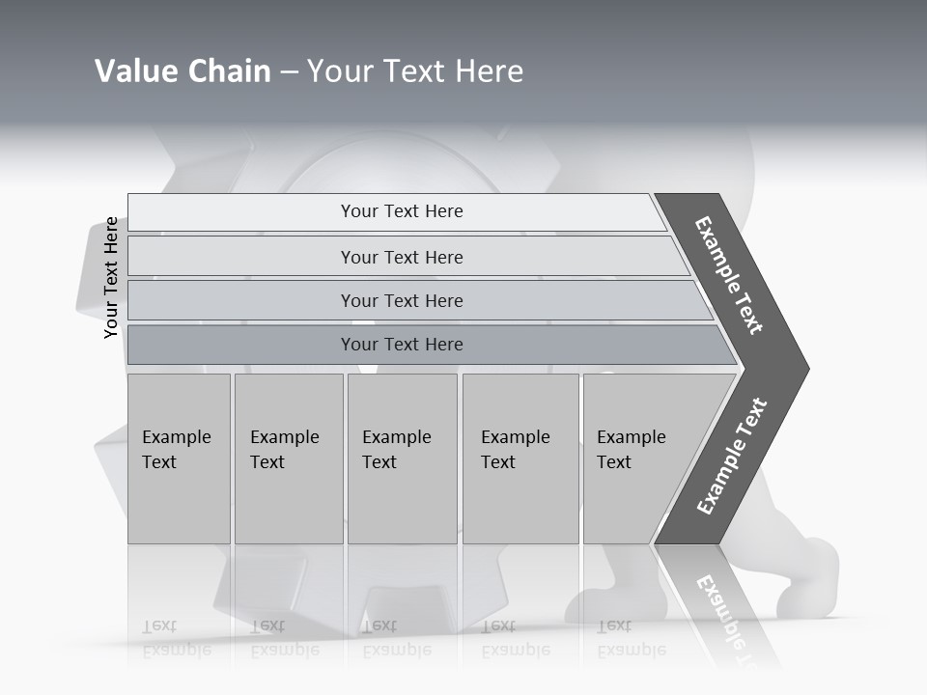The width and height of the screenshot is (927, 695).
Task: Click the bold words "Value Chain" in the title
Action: pyautogui.click(x=183, y=71)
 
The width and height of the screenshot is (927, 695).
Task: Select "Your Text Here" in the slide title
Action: pyautogui.click(x=415, y=71)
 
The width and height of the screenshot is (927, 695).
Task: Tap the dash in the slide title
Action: pyautogui.click(x=289, y=72)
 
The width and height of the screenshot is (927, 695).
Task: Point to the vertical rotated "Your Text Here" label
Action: pyautogui.click(x=112, y=278)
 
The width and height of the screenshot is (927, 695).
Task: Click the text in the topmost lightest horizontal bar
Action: pyautogui.click(x=402, y=211)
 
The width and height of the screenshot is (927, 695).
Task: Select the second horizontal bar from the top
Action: pyautogui.click(x=402, y=257)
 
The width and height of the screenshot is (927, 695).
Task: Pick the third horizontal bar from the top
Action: pyautogui.click(x=402, y=300)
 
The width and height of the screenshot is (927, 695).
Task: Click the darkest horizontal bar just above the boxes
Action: pyautogui.click(x=402, y=345)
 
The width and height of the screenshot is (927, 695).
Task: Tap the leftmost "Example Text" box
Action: pyautogui.click(x=179, y=459)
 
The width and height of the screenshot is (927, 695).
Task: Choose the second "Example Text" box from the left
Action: pyautogui.click(x=288, y=459)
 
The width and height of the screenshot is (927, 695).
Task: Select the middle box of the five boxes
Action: pyautogui.click(x=402, y=459)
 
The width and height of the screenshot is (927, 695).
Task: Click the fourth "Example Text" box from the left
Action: pyautogui.click(x=520, y=459)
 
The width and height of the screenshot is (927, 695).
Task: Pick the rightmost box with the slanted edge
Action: pyautogui.click(x=637, y=459)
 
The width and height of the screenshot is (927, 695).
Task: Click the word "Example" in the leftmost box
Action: pyautogui.click(x=176, y=437)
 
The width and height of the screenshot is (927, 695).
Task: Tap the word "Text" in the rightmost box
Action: pyautogui.click(x=613, y=462)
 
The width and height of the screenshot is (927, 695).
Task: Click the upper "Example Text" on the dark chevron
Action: pyautogui.click(x=729, y=275)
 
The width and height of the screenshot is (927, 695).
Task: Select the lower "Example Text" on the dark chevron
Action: pyautogui.click(x=732, y=456)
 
